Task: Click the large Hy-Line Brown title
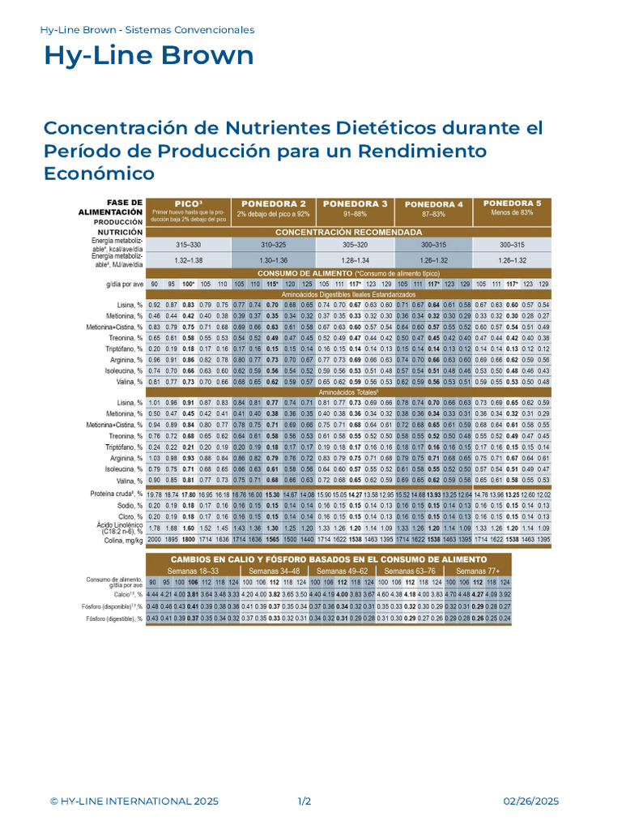pos(148,56)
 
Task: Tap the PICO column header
pos(189,203)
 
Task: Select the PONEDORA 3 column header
pos(356,203)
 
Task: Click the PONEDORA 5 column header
pos(512,203)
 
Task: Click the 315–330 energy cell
pos(189,244)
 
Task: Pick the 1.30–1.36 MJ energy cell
pos(273,259)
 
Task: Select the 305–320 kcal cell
pos(356,244)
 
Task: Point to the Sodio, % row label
pos(126,504)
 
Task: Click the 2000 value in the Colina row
pos(154,539)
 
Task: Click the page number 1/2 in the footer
pos(305,802)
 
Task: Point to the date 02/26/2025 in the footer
pos(531,802)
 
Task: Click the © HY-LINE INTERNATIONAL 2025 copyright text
pos(134,802)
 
